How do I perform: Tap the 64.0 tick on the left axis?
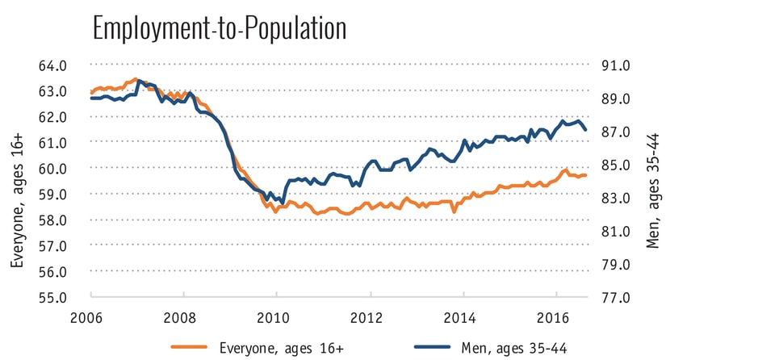click(65, 65)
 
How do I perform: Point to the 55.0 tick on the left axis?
click(65, 297)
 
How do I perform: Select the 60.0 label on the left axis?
click(65, 169)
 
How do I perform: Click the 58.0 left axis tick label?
click(65, 220)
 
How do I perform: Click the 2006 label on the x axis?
click(91, 316)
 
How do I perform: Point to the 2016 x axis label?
click(555, 316)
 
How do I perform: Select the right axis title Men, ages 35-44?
click(653, 181)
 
